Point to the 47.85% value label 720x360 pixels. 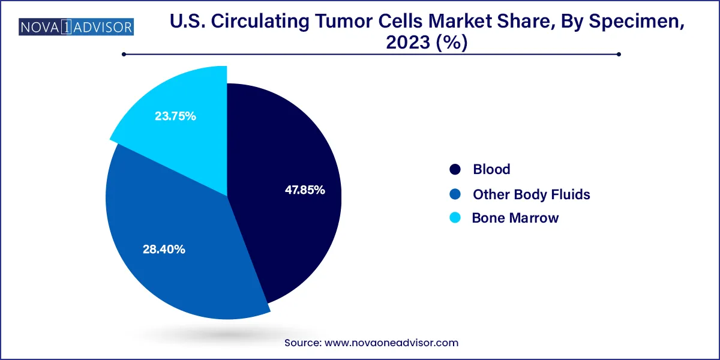(305, 190)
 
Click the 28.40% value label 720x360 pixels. (164, 249)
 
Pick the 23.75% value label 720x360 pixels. (175, 116)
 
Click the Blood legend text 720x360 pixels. (491, 169)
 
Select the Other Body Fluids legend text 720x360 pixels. (531, 194)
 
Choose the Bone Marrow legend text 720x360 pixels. (515, 218)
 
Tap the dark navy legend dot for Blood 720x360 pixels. (455, 170)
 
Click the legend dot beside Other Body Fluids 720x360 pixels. (455, 194)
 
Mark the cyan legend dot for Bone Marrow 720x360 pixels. (455, 218)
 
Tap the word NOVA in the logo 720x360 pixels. (39, 27)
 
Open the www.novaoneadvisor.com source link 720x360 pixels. (391, 343)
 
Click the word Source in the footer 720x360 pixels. (302, 343)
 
